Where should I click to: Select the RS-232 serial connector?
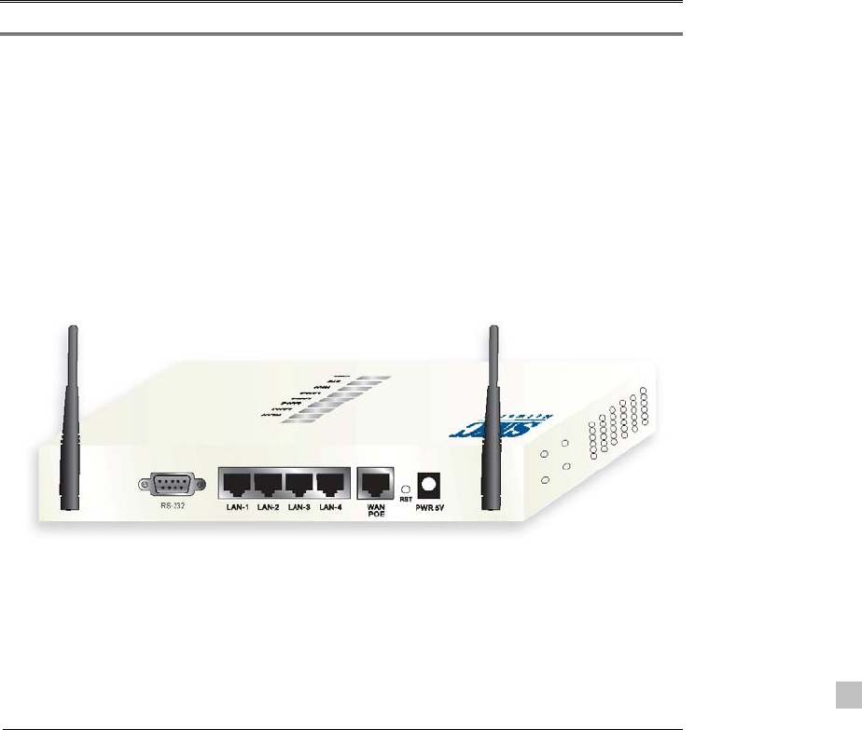point(169,485)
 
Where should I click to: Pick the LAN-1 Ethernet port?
point(237,484)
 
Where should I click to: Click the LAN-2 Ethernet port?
point(269,484)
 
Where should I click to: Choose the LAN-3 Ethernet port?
point(299,484)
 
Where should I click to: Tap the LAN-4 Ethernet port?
point(330,484)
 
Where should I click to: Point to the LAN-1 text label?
point(237,508)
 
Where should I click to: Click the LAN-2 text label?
point(269,508)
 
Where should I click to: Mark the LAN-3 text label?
point(299,508)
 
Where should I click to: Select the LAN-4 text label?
point(330,508)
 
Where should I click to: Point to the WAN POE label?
point(376,512)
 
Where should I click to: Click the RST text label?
point(405,500)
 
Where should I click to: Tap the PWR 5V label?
point(431,509)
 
